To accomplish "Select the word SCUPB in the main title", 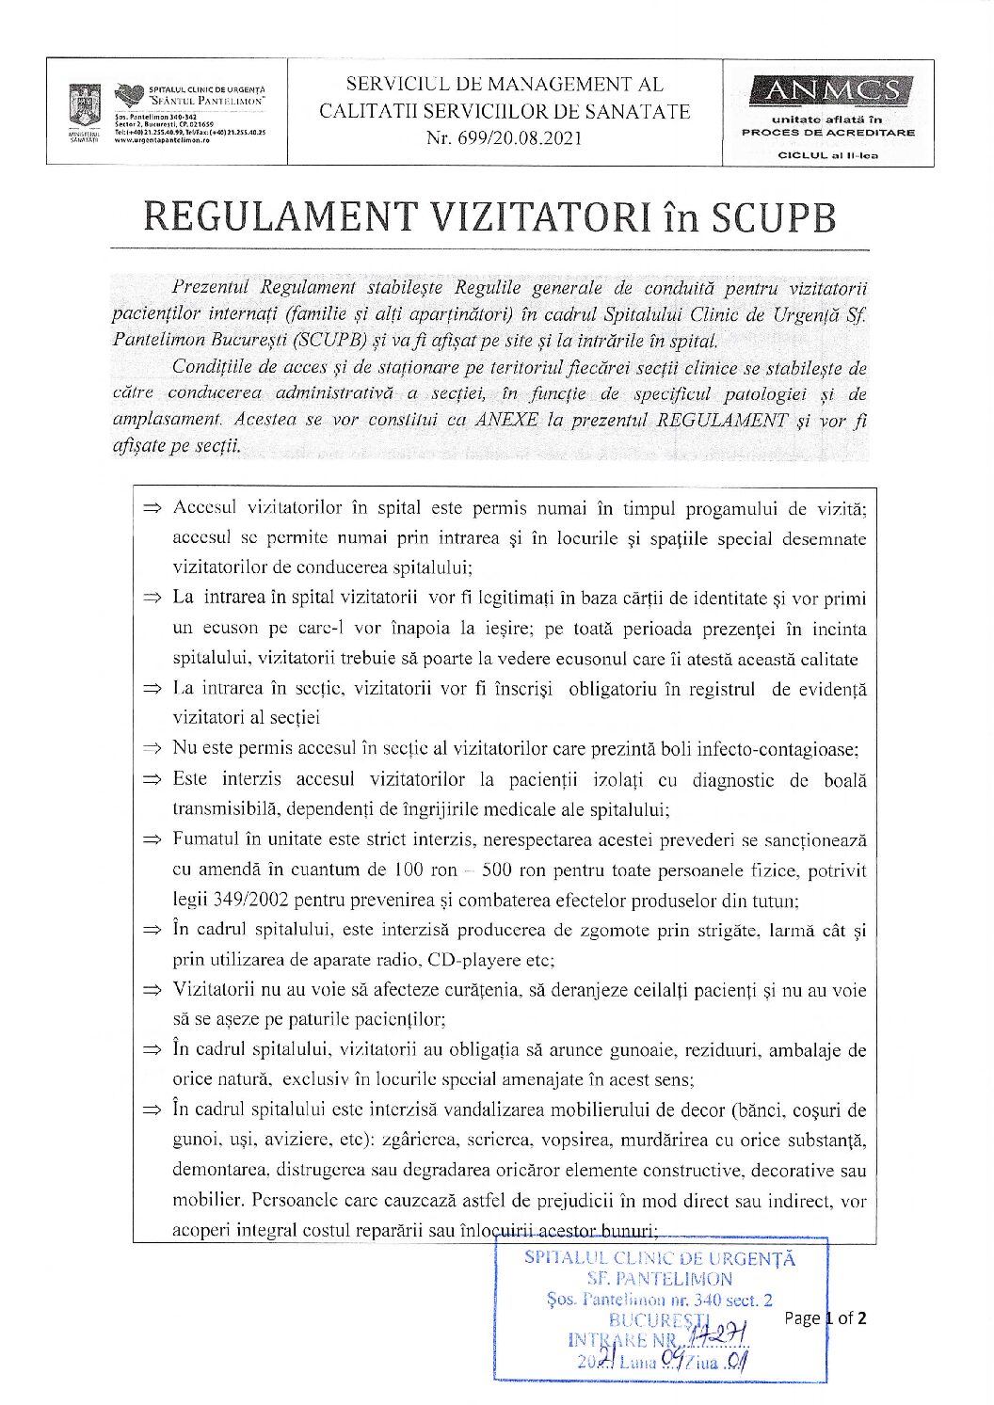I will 777,217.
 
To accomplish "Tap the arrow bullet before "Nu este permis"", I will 152,750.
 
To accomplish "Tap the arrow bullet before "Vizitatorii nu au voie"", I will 152,992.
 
